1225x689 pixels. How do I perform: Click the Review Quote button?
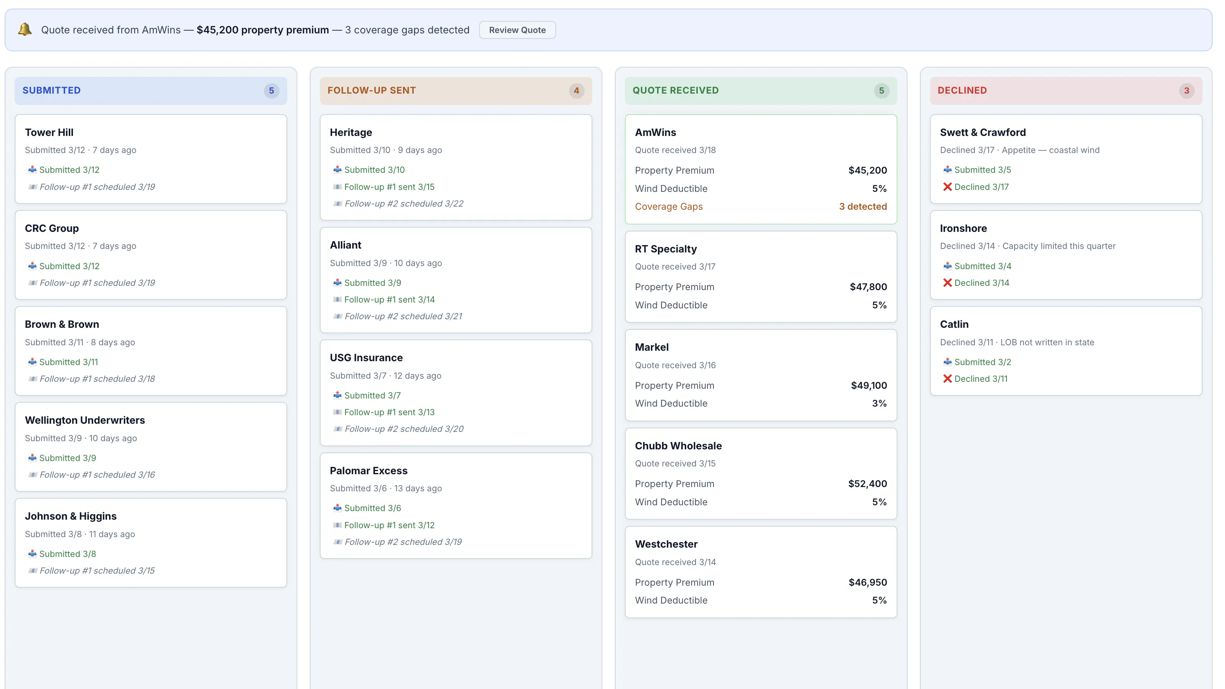tap(517, 30)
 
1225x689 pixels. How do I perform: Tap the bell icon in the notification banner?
tap(25, 30)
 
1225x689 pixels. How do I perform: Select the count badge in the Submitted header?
tap(271, 90)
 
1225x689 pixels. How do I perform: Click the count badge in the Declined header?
tap(1186, 90)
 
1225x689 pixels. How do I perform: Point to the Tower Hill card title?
tap(49, 132)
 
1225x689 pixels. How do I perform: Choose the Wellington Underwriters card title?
tap(85, 420)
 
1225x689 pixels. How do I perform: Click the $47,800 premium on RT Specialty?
tap(868, 287)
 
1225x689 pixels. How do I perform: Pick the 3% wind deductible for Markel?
tap(879, 404)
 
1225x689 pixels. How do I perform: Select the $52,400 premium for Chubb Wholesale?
tap(868, 484)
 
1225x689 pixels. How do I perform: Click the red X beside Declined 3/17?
tap(947, 187)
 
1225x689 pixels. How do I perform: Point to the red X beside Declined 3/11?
tap(947, 379)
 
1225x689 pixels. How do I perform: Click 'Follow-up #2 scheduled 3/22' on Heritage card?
tap(404, 204)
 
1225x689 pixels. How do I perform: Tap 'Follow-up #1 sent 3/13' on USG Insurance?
tap(389, 412)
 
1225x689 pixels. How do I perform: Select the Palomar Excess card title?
tap(368, 471)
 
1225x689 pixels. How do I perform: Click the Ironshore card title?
tap(963, 228)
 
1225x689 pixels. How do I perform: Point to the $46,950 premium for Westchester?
tap(868, 583)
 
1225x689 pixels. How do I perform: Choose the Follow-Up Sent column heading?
tap(371, 90)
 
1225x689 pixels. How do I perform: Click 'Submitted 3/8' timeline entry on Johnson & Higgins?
tap(68, 554)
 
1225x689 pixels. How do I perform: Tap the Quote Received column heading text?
tap(675, 90)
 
